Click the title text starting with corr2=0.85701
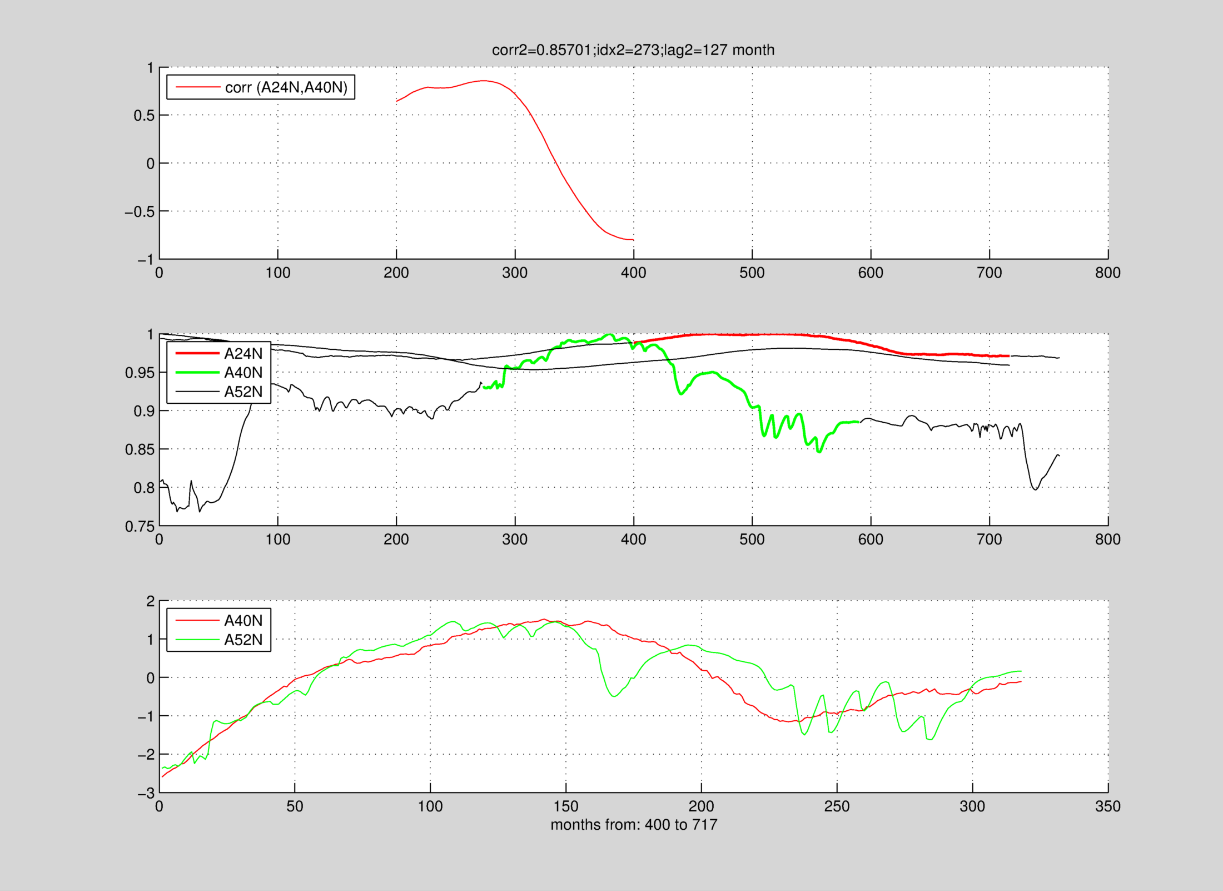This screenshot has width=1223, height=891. coord(633,50)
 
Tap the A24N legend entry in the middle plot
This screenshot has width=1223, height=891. coord(243,353)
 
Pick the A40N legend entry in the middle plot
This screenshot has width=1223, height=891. coord(243,373)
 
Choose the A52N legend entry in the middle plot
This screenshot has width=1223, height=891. coord(243,392)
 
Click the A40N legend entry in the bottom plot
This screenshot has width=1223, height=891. coord(243,620)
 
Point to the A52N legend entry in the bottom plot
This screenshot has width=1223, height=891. coord(243,640)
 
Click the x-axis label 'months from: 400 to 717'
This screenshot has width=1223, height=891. coord(634,824)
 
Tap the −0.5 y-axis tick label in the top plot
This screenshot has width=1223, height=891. coord(139,211)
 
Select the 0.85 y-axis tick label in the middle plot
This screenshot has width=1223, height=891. coord(140,449)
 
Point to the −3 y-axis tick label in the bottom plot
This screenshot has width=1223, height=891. coord(146,793)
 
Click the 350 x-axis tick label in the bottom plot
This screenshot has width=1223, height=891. coord(1107,806)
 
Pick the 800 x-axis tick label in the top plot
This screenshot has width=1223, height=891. coord(1107,273)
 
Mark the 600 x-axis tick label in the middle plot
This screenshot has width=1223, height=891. coord(871,539)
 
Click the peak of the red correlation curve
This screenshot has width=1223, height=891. coord(484,81)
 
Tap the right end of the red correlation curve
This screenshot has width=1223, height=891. coord(633,240)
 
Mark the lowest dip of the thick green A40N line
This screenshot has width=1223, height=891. coord(819,452)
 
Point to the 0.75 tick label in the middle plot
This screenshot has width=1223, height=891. coord(140,526)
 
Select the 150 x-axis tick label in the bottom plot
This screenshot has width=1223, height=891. coord(566,806)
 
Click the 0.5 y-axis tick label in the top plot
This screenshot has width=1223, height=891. coord(143,116)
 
